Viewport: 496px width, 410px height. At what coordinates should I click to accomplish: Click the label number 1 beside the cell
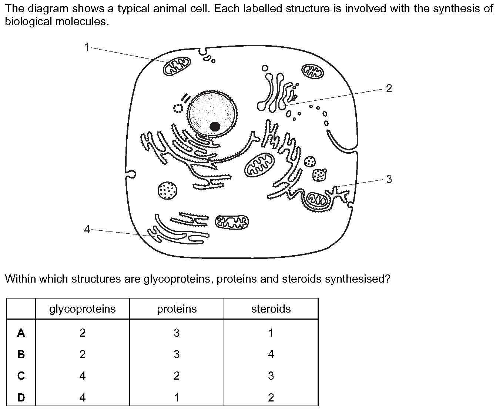click(x=87, y=47)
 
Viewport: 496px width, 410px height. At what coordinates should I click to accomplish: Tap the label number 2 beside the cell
click(x=389, y=89)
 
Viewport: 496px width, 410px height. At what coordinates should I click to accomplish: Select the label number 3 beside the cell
click(x=389, y=179)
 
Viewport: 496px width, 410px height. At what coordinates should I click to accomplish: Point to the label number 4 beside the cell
click(x=87, y=230)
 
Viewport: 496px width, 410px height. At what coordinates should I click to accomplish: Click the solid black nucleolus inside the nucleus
click(x=215, y=126)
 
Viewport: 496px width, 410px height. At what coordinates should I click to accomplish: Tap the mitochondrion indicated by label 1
click(x=177, y=66)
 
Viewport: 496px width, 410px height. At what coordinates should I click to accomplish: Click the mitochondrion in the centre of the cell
click(x=259, y=165)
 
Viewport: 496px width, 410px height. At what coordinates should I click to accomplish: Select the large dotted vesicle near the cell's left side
click(x=167, y=191)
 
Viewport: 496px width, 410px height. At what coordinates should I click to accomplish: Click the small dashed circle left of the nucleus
click(x=178, y=109)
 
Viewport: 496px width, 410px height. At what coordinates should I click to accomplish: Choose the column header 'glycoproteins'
click(x=83, y=309)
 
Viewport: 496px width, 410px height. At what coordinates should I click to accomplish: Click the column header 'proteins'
click(x=177, y=309)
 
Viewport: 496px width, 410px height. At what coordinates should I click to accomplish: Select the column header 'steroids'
click(x=271, y=309)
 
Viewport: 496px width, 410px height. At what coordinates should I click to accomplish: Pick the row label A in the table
click(x=21, y=333)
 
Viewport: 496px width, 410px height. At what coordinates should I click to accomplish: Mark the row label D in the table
click(x=21, y=397)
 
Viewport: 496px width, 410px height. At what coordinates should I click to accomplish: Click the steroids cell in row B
click(x=271, y=354)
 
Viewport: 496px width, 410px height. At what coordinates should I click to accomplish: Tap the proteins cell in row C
click(x=177, y=376)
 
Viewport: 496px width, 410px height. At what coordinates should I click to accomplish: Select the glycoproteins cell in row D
click(x=83, y=397)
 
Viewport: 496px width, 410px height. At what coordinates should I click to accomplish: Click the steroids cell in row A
click(x=271, y=333)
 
